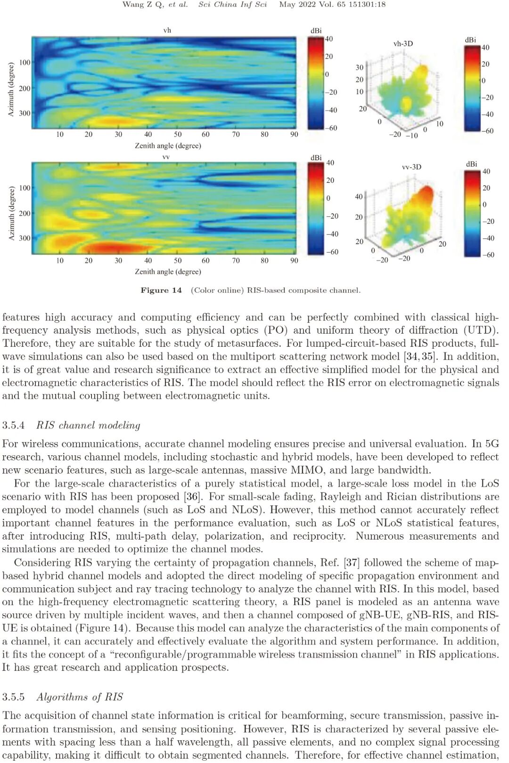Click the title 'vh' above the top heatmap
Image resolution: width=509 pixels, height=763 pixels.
pyautogui.click(x=167, y=30)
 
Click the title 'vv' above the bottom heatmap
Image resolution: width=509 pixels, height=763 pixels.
pyautogui.click(x=166, y=157)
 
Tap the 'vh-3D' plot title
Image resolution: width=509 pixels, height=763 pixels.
pyautogui.click(x=403, y=43)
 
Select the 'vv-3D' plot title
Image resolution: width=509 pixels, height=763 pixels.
pyautogui.click(x=411, y=167)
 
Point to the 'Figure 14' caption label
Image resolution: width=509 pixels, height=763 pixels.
pyautogui.click(x=161, y=290)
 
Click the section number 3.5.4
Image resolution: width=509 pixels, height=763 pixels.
pyautogui.click(x=13, y=425)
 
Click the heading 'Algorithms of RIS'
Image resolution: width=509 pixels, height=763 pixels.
pyautogui.click(x=80, y=697)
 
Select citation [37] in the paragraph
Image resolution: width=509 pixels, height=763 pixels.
pyautogui.click(x=352, y=563)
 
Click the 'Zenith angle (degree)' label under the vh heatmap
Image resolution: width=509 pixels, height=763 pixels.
pyautogui.click(x=168, y=146)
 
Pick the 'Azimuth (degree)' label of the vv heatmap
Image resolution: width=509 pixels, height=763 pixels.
pyautogui.click(x=12, y=213)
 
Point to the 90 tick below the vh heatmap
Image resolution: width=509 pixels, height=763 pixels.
pyautogui.click(x=294, y=134)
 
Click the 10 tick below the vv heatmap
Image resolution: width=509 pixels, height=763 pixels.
pyautogui.click(x=60, y=261)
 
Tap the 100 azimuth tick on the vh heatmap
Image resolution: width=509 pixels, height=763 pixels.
pyautogui.click(x=25, y=62)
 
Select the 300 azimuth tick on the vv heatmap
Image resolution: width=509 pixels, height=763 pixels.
pyautogui.click(x=25, y=238)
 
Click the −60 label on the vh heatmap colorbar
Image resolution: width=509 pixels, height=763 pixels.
pyautogui.click(x=332, y=128)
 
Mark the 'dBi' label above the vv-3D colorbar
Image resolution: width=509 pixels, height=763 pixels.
pyautogui.click(x=471, y=164)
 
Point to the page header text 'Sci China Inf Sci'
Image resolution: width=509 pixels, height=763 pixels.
pyautogui.click(x=232, y=4)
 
